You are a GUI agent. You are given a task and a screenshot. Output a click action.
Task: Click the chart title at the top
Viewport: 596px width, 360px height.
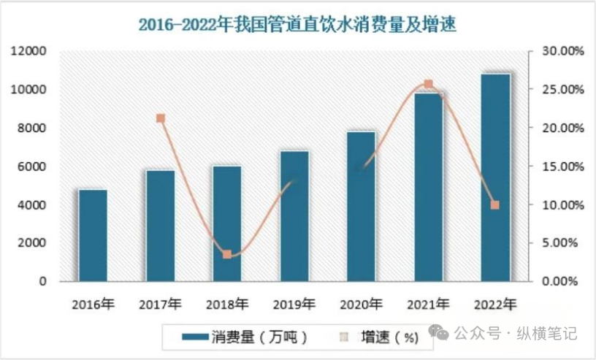(x=297, y=23)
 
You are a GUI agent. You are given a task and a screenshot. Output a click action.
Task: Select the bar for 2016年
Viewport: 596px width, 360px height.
(x=93, y=235)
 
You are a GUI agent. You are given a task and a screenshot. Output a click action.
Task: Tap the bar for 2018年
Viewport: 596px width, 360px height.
(x=226, y=223)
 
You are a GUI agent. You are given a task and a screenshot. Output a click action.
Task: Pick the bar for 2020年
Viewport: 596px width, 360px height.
(x=361, y=206)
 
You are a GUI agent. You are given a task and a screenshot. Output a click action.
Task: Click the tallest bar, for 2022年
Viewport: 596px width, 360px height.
(x=495, y=177)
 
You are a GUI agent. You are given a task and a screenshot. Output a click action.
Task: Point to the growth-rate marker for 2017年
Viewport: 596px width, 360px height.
(x=161, y=118)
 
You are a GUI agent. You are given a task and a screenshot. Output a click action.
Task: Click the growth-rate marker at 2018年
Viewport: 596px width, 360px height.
(x=227, y=254)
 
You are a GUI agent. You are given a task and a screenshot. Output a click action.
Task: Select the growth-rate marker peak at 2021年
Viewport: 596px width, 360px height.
(x=428, y=84)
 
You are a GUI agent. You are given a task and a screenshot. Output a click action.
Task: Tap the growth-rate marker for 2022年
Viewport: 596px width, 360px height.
(x=494, y=205)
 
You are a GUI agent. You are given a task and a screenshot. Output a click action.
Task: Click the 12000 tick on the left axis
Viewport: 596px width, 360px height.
(x=28, y=51)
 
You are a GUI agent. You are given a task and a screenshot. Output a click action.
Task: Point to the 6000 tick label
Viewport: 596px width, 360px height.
(x=32, y=166)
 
